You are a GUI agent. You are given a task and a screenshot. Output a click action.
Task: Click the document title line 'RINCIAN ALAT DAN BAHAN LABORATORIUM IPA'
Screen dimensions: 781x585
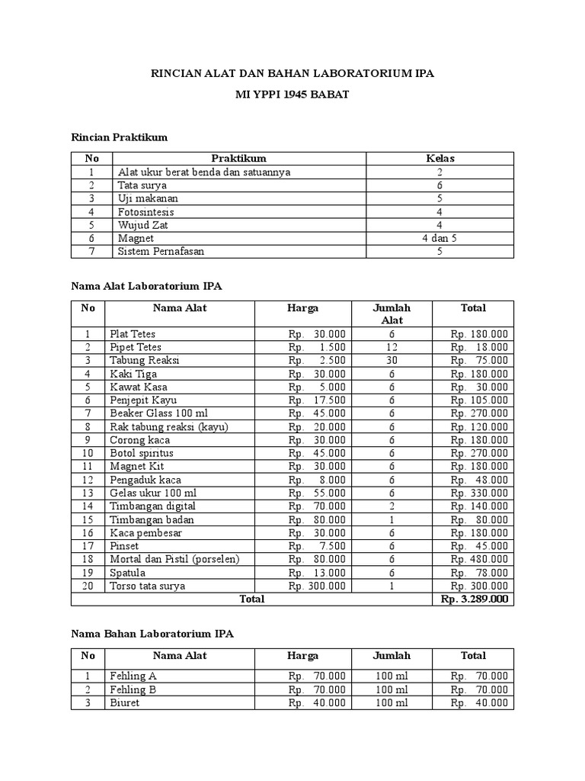click(293, 74)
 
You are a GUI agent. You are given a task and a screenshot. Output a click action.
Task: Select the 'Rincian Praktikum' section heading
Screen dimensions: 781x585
click(119, 137)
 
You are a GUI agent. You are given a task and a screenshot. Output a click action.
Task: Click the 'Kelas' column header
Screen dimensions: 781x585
click(440, 159)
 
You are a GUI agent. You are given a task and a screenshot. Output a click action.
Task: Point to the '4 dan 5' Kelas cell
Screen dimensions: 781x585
click(440, 239)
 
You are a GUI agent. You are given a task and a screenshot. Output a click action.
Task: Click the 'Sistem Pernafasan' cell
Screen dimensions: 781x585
click(161, 252)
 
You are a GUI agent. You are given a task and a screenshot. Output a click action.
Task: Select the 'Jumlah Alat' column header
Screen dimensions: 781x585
click(392, 314)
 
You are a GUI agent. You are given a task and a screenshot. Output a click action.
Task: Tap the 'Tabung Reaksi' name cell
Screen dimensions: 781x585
click(145, 361)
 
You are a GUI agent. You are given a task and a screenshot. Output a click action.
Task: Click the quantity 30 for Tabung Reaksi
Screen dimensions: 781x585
click(392, 361)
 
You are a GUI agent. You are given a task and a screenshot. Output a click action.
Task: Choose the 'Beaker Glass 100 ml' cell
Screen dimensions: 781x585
click(158, 413)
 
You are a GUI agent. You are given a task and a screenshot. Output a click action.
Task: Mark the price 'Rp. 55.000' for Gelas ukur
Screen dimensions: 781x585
click(317, 493)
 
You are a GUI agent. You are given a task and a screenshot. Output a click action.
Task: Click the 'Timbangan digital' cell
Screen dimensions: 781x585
click(152, 506)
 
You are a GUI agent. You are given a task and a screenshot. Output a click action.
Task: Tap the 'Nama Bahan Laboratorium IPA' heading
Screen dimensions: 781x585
click(152, 634)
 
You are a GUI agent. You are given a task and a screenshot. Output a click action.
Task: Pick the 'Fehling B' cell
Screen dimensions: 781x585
click(133, 689)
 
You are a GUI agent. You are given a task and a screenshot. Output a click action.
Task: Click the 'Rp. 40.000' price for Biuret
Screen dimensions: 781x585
click(317, 703)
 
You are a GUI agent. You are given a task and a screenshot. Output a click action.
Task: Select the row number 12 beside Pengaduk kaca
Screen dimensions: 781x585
click(88, 480)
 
